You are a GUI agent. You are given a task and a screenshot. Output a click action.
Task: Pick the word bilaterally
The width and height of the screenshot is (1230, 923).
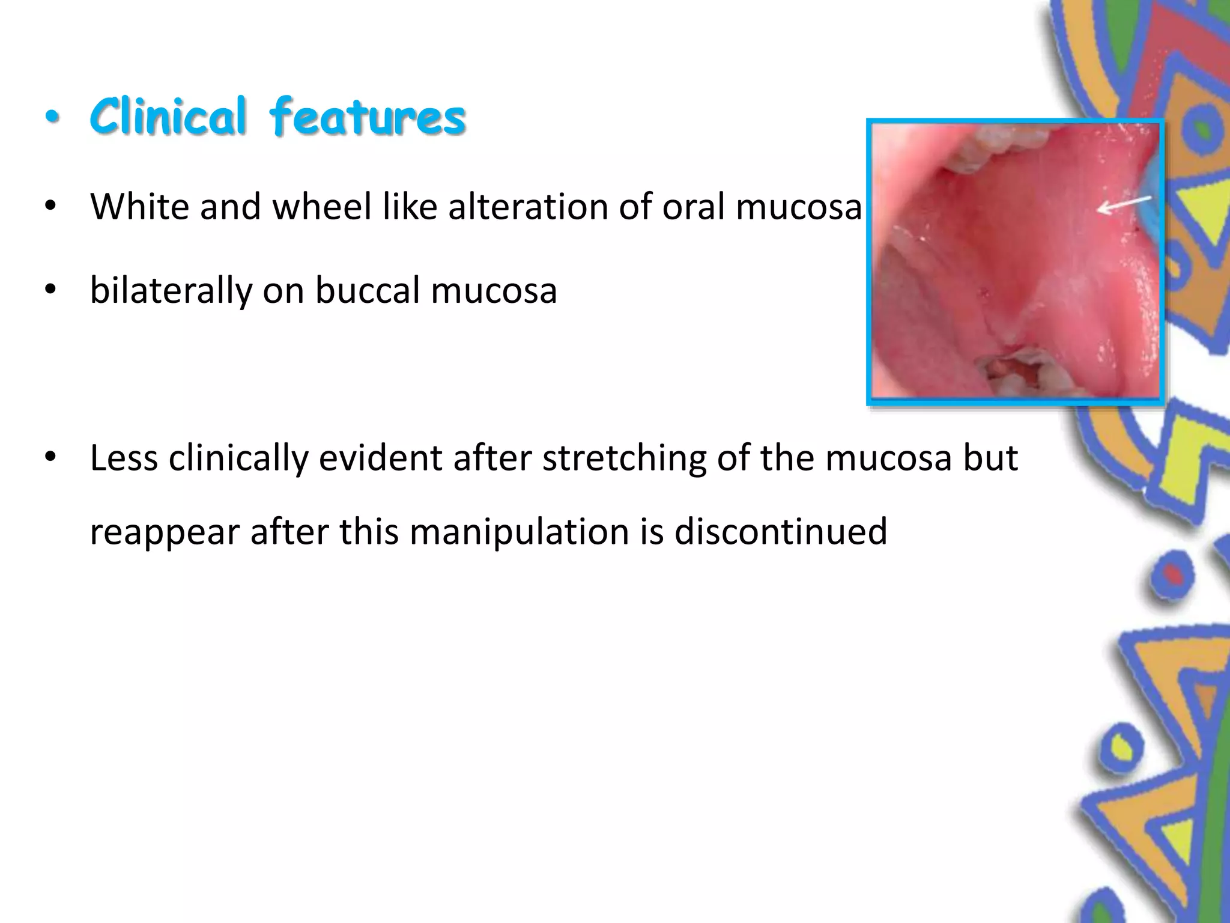171,290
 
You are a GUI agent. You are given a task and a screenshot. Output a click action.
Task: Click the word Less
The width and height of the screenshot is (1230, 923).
124,458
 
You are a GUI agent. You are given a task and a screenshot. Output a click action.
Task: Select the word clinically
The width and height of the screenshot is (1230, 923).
238,458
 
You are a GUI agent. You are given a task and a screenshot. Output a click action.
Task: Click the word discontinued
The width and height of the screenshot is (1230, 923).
780,532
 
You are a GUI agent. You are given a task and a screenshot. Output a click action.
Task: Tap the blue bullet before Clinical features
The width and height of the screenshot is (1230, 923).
53,117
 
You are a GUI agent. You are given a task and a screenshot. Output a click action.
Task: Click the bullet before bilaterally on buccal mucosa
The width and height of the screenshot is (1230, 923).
50,291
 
